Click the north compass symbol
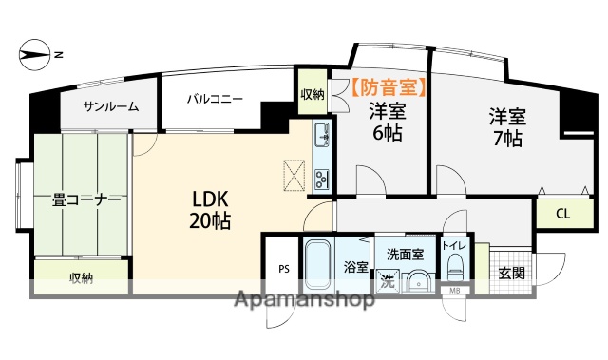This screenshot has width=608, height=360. [x=34, y=55]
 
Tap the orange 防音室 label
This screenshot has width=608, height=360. [x=389, y=87]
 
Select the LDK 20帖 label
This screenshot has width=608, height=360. [x=210, y=210]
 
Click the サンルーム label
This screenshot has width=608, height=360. [x=111, y=106]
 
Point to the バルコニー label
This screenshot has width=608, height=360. [x=216, y=99]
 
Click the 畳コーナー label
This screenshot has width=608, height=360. [x=86, y=200]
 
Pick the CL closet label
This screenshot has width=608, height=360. [x=562, y=214]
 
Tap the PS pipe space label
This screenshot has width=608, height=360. [x=284, y=269]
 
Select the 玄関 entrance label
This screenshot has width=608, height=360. [x=511, y=274]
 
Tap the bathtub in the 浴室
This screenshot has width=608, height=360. [x=318, y=266]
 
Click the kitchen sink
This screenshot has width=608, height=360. [x=321, y=135]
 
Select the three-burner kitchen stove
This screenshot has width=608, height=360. [x=321, y=179]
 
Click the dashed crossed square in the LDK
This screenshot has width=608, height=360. [x=294, y=176]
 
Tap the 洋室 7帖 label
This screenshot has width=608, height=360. [x=507, y=127]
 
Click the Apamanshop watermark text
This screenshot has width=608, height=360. [x=305, y=299]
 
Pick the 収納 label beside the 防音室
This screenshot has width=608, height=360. [x=313, y=94]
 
